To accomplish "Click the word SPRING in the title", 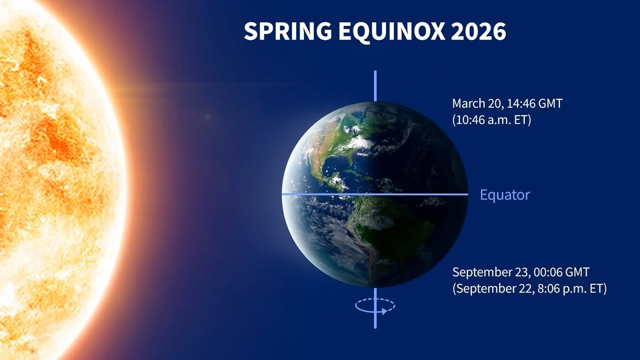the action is point(288,31).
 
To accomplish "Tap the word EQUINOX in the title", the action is point(391,31).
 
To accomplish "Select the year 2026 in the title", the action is point(479,31).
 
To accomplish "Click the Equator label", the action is point(505,195).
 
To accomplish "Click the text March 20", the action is point(476,103).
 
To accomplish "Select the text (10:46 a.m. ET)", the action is point(492,120).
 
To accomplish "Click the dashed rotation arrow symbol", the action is point(375,306).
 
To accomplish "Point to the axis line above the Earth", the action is point(375,86).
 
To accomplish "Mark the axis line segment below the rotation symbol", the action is point(375,321).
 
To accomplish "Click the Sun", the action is point(57,179).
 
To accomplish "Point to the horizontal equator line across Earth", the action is point(375,194).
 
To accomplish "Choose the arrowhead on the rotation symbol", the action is point(384,311).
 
